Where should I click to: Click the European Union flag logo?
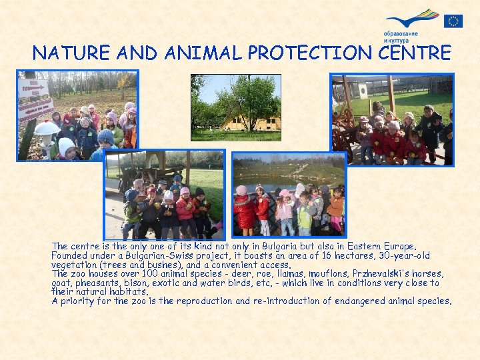(454, 21)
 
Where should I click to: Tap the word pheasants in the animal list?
(97, 283)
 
